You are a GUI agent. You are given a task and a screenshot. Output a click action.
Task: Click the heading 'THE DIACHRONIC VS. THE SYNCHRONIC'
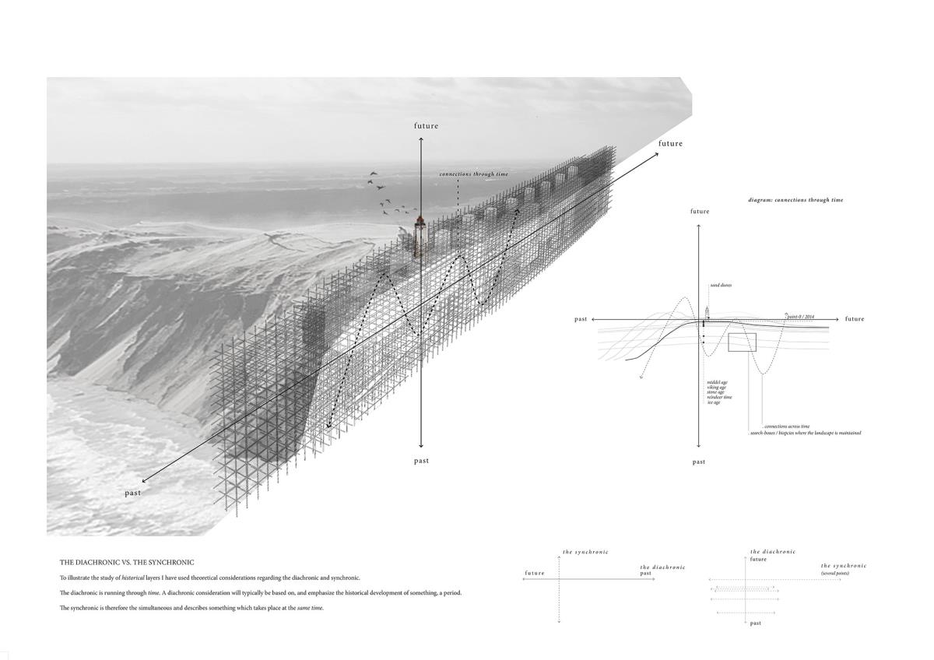pyautogui.click(x=127, y=562)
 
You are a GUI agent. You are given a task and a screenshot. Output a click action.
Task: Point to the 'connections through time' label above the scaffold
pyautogui.click(x=473, y=174)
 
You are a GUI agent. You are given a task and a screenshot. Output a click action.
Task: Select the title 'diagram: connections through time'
pyautogui.click(x=795, y=200)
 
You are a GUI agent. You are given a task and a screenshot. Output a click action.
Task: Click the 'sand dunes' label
pyautogui.click(x=720, y=286)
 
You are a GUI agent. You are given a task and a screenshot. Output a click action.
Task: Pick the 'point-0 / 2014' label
pyautogui.click(x=800, y=317)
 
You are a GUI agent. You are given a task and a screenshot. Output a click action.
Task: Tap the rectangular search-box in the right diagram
pyautogui.click(x=742, y=342)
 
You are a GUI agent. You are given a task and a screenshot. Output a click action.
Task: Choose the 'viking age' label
pyautogui.click(x=716, y=388)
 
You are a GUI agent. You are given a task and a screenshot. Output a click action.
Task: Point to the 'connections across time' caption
pyautogui.click(x=787, y=427)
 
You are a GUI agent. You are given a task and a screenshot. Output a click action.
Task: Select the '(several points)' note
pyautogui.click(x=834, y=574)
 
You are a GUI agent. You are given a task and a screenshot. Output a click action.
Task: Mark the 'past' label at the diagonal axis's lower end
pyautogui.click(x=133, y=493)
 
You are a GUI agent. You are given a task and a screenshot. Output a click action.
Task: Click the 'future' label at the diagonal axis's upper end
pyautogui.click(x=670, y=143)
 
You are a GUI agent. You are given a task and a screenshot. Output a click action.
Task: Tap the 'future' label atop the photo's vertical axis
pyautogui.click(x=426, y=126)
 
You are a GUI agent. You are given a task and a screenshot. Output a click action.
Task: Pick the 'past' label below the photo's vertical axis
pyautogui.click(x=421, y=461)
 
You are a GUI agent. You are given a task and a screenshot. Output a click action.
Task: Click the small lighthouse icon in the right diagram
pyautogui.click(x=707, y=312)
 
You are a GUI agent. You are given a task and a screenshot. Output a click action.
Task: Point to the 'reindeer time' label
pyautogui.click(x=719, y=398)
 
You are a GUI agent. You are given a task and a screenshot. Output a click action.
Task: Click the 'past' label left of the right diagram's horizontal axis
pyautogui.click(x=581, y=319)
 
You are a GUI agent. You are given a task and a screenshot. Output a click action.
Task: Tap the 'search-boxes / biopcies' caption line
pyautogui.click(x=806, y=433)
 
